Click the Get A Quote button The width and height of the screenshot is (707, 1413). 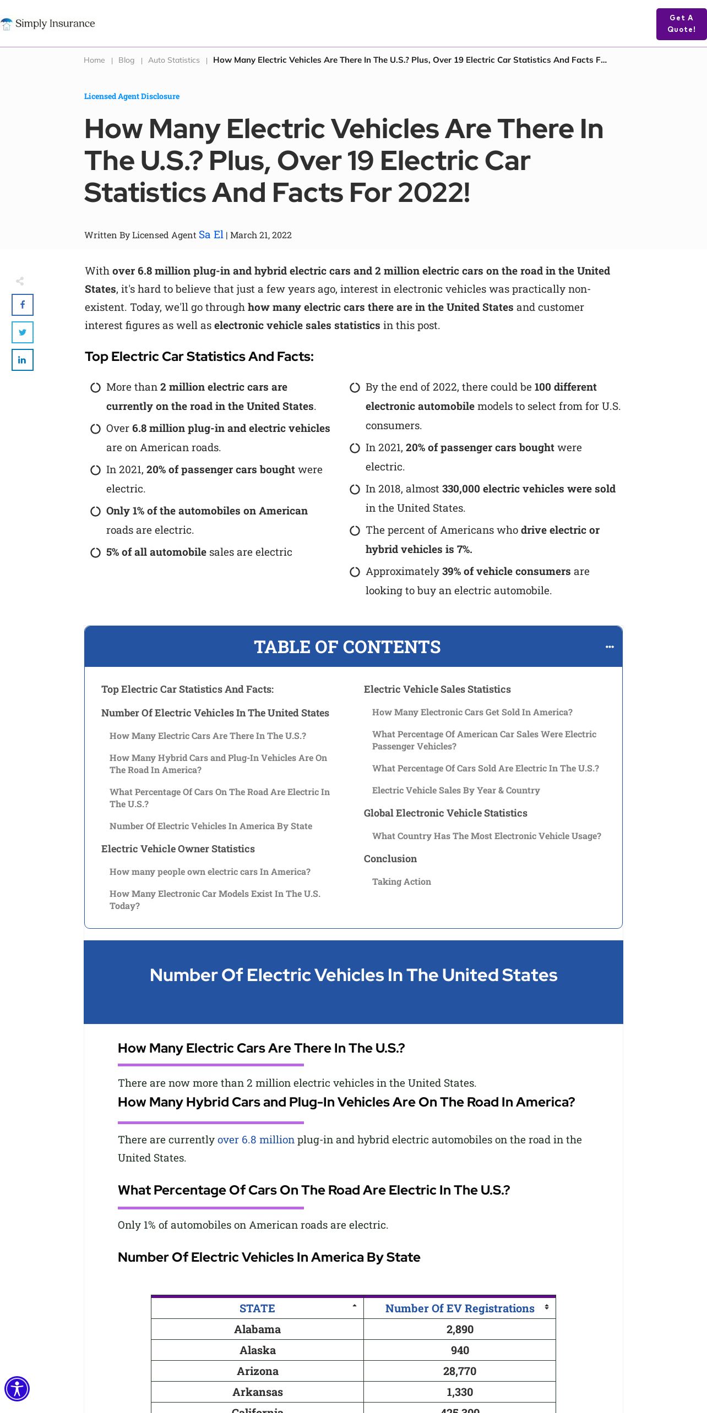point(681,24)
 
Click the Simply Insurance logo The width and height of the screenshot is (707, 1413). point(48,24)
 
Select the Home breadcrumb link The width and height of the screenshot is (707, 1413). point(94,60)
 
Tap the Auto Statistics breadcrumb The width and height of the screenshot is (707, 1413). point(173,60)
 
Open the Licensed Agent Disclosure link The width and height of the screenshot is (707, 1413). point(132,96)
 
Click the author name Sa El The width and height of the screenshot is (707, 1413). point(211,235)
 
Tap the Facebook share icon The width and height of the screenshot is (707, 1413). point(23,305)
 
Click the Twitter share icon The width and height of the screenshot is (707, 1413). point(23,332)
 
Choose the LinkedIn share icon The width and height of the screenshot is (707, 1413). point(23,360)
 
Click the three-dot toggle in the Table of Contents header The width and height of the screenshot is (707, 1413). point(610,647)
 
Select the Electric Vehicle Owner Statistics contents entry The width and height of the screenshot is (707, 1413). point(178,849)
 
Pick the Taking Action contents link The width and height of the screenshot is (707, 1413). point(401,881)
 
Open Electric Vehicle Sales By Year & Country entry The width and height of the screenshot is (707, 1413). point(456,790)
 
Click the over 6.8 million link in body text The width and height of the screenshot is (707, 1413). point(256,1140)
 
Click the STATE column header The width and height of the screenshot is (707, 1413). point(257,1308)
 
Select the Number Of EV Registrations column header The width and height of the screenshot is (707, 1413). point(460,1308)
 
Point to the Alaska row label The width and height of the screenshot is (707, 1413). point(257,1350)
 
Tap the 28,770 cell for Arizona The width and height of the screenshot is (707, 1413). point(460,1371)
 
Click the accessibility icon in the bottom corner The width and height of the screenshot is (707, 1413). point(17,1389)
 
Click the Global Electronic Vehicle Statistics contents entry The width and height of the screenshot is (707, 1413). point(445,813)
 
